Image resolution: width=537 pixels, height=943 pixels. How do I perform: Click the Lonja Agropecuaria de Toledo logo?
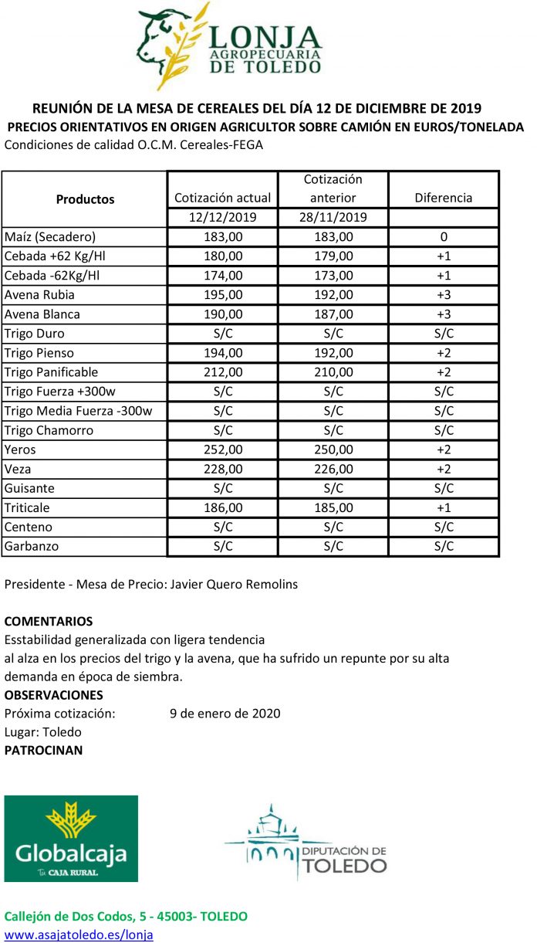229,48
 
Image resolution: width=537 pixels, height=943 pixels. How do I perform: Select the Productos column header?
85,199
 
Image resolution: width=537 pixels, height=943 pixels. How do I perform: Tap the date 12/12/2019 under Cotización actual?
223,218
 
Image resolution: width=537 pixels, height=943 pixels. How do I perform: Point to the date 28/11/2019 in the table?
333,218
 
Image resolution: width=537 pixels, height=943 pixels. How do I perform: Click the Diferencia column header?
443,198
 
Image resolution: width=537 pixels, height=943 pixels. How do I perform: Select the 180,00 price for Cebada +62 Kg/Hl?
223,256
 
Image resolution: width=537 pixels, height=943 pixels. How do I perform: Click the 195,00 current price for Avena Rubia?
223,295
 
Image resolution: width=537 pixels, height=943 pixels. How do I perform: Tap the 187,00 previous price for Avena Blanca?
333,314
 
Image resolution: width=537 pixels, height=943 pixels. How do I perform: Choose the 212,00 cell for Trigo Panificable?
223,372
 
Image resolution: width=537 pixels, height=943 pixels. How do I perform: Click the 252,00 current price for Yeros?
223,449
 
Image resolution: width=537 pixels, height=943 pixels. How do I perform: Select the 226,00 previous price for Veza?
333,469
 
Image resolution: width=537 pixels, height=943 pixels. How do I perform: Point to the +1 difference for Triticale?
443,507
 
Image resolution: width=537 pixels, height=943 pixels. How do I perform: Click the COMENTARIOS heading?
49,621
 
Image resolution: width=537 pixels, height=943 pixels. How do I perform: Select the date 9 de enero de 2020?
225,713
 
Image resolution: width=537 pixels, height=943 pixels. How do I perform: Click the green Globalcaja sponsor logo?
71,839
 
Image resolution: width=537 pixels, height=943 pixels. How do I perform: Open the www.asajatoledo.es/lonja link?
79,935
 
